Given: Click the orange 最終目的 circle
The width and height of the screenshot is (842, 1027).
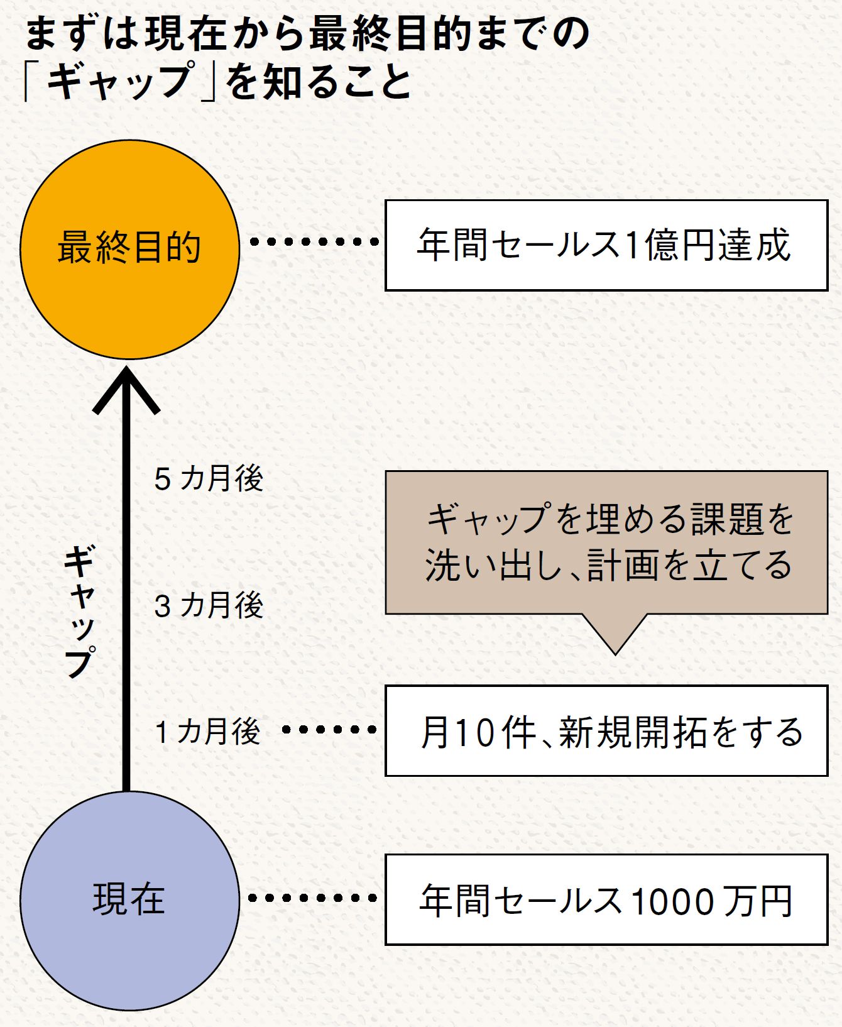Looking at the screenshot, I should [129, 250].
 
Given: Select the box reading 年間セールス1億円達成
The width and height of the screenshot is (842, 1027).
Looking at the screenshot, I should [606, 245].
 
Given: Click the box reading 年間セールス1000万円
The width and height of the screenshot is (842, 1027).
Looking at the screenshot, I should [606, 899].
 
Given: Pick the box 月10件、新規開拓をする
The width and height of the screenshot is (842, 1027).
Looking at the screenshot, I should [606, 731].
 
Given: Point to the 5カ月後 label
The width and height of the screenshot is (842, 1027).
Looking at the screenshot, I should [209, 479].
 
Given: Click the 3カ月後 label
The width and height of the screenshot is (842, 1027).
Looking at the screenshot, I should [209, 606].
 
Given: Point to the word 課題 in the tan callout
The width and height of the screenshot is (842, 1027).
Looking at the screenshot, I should [727, 520].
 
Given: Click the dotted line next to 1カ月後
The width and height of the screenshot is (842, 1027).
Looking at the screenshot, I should [329, 730].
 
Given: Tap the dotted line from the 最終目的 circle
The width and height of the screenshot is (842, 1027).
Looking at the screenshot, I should [314, 241].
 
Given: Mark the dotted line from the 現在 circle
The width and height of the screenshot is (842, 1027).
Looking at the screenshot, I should [312, 898].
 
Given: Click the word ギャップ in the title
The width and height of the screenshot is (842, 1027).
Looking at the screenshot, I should [119, 80].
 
